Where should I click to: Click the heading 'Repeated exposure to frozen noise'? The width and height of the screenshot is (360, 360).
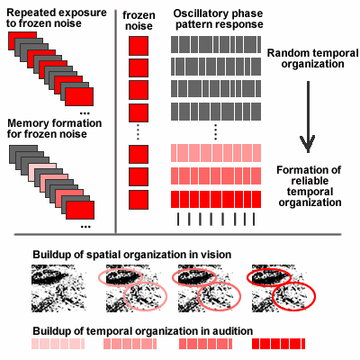click(x=57, y=18)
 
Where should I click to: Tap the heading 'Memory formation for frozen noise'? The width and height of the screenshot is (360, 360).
click(x=54, y=129)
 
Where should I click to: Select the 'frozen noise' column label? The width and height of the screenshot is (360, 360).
click(x=139, y=21)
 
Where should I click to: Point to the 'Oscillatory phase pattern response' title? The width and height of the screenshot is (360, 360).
click(x=219, y=19)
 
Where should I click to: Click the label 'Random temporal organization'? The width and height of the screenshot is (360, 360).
click(x=312, y=58)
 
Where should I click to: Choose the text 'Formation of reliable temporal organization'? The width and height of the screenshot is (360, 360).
click(x=309, y=186)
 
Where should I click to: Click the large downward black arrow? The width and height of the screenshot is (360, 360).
click(x=308, y=117)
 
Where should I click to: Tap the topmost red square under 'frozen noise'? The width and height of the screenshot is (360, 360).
click(x=139, y=46)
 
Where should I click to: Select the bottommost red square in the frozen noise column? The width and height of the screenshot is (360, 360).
click(x=139, y=200)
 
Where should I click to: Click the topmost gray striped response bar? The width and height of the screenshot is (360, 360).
click(x=216, y=45)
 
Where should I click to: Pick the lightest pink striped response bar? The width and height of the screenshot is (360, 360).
click(x=216, y=153)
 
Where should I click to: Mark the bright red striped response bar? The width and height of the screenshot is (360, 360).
click(x=216, y=199)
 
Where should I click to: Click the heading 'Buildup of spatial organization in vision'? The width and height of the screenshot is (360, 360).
click(x=132, y=255)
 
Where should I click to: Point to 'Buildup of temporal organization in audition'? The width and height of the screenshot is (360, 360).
click(x=143, y=331)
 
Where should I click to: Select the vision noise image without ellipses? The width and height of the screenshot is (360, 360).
click(x=58, y=288)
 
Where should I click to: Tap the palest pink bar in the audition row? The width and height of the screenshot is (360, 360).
click(x=58, y=344)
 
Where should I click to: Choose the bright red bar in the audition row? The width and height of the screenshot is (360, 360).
click(x=278, y=344)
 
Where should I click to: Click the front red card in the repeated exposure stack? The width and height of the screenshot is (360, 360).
click(x=79, y=96)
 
